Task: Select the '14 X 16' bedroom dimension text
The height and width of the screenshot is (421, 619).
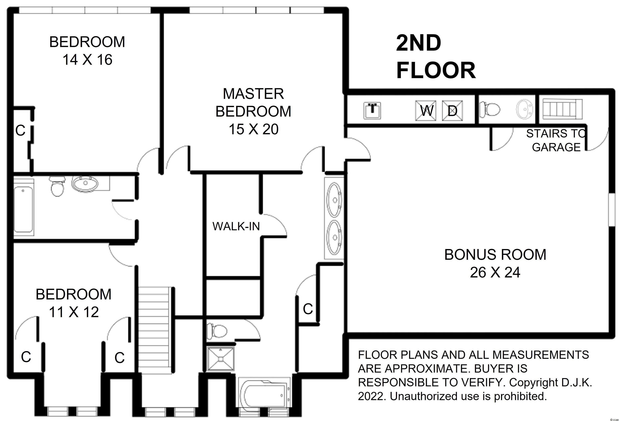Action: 87,60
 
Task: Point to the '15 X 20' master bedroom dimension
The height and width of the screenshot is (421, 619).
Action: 253,129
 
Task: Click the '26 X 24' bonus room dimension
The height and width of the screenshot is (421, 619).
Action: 495,272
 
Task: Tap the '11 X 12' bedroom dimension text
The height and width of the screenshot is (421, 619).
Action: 74,312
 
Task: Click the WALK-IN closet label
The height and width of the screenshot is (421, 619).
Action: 236,226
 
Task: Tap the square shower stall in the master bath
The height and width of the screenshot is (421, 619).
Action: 221,359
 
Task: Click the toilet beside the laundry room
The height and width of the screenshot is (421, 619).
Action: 490,109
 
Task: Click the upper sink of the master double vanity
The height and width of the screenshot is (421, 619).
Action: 334,199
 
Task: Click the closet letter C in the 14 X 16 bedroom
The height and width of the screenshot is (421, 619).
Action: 21,131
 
